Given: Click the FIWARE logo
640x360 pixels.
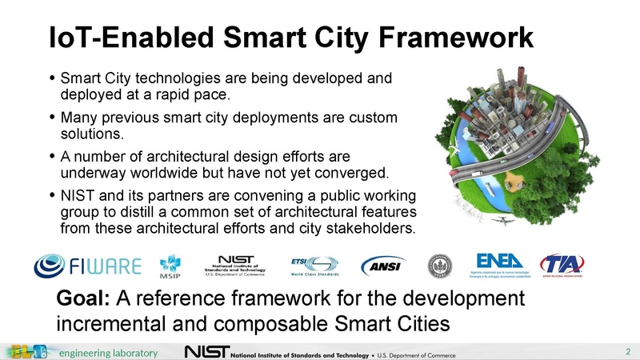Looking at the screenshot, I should pyautogui.click(x=88, y=264).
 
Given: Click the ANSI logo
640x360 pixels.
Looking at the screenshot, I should pyautogui.click(x=384, y=265).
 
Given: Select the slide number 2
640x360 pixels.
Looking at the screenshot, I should pyautogui.click(x=628, y=352).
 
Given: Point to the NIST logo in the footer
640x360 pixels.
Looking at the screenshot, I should pyautogui.click(x=207, y=353).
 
